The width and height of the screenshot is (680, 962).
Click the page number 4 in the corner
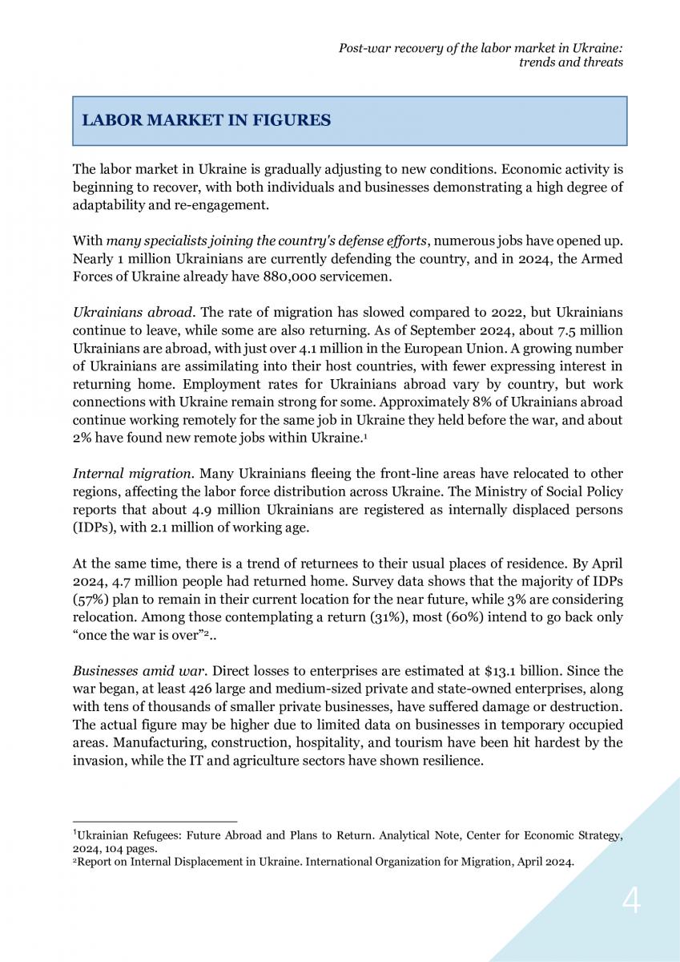tap(631, 903)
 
